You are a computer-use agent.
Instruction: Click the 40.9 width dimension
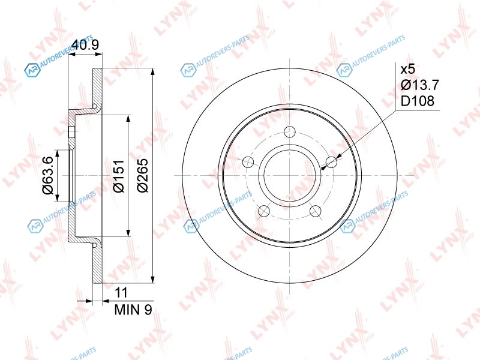[85, 45]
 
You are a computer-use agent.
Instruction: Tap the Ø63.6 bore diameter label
[48, 175]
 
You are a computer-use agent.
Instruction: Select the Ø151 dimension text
[118, 176]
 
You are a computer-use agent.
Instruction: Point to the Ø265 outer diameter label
[142, 175]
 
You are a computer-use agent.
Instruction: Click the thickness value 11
[121, 293]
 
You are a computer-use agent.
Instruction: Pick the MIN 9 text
[133, 310]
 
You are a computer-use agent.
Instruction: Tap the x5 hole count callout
[409, 69]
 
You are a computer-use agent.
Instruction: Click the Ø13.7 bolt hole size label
[420, 85]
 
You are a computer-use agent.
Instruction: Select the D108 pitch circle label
[418, 101]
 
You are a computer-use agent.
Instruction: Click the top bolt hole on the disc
[289, 132]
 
